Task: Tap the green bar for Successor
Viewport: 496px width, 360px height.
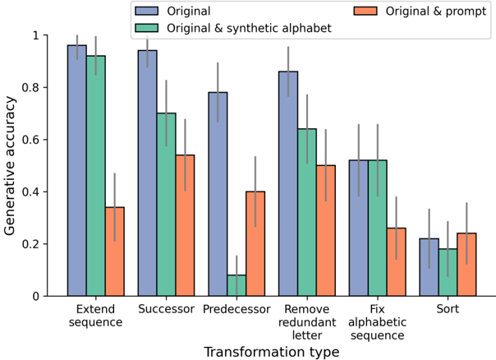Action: click(x=166, y=205)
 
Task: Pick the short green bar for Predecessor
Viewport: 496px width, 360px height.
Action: click(x=237, y=286)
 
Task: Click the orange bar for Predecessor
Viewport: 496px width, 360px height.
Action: click(x=255, y=243)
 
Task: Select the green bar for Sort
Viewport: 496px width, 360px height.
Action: click(x=448, y=272)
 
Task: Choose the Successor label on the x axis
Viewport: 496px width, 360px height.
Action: click(x=166, y=310)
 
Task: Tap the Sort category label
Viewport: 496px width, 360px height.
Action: click(x=448, y=310)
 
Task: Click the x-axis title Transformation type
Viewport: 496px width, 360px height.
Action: click(x=271, y=352)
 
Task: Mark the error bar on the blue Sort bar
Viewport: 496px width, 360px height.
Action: click(x=429, y=238)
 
